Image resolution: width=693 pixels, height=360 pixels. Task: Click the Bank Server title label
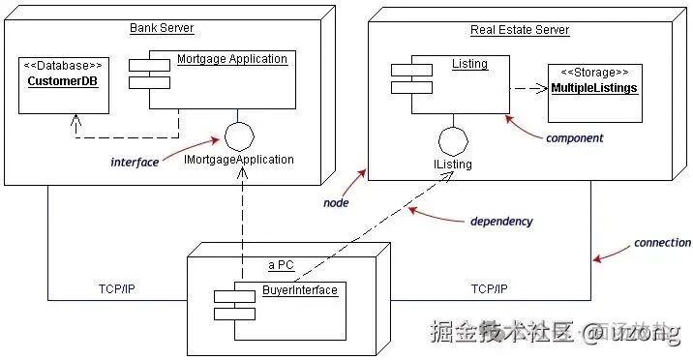(161, 28)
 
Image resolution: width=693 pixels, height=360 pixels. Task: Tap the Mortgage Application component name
(232, 59)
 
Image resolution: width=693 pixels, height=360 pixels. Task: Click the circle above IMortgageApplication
(238, 134)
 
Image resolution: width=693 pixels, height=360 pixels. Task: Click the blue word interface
(134, 163)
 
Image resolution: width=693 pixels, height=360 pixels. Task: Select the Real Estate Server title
(520, 30)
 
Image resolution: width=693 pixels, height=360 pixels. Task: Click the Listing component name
(469, 65)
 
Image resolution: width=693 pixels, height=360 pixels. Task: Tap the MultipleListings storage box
(594, 93)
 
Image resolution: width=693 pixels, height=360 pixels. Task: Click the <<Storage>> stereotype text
(594, 73)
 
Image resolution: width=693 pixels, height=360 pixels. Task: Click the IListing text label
(454, 165)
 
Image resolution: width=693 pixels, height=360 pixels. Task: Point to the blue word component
(574, 138)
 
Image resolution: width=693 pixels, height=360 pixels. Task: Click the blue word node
(335, 203)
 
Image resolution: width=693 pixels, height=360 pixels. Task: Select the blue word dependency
(500, 222)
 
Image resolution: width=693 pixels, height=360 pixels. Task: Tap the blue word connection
(662, 243)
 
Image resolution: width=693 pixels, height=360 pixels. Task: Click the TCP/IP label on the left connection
(122, 288)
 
